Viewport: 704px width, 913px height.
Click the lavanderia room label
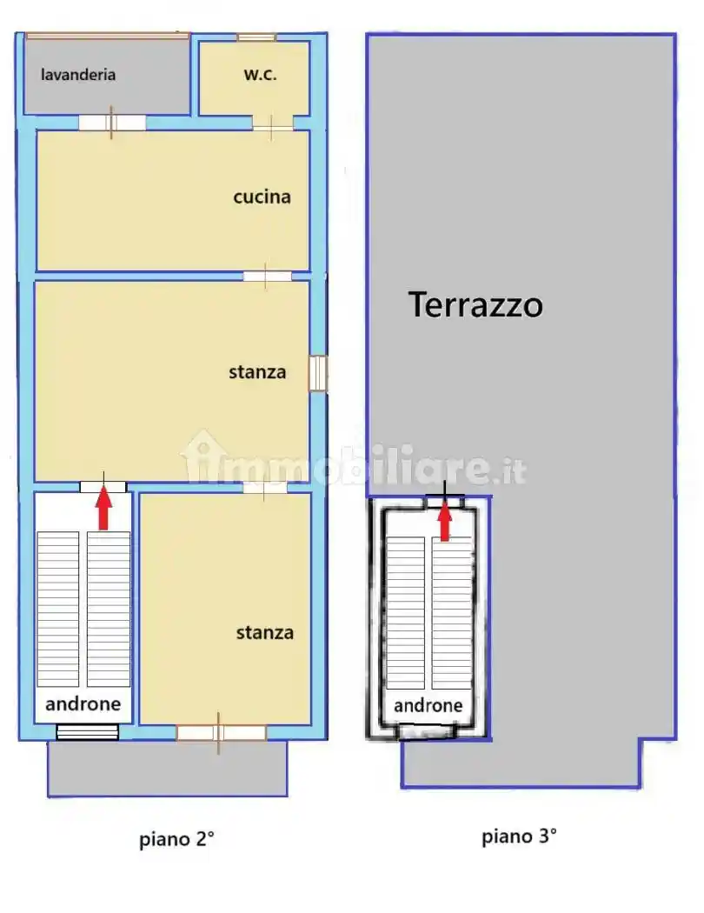[78, 75]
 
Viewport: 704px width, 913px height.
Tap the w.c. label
[260, 75]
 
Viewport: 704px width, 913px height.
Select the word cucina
[262, 197]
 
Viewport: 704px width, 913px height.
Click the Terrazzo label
[475, 305]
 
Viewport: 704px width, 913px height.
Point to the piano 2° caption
[176, 840]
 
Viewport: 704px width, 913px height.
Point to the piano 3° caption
[519, 837]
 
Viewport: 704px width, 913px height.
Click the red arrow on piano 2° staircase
[103, 509]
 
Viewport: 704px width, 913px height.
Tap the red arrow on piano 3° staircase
[445, 522]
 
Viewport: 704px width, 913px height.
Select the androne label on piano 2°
[83, 704]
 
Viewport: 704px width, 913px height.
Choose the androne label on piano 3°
[428, 706]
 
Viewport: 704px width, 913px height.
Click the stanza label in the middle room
[257, 372]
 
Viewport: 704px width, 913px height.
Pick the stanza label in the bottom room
[264, 633]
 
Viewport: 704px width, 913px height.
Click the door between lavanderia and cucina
[112, 123]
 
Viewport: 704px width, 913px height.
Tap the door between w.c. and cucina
[273, 127]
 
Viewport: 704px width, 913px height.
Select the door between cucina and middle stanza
[267, 277]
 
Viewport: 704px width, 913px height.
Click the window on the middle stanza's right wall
[318, 373]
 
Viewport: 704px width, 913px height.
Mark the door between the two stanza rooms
[264, 488]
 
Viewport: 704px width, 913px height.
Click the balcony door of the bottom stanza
[221, 733]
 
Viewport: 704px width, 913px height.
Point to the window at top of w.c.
[256, 37]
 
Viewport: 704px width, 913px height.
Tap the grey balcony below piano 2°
[167, 769]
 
